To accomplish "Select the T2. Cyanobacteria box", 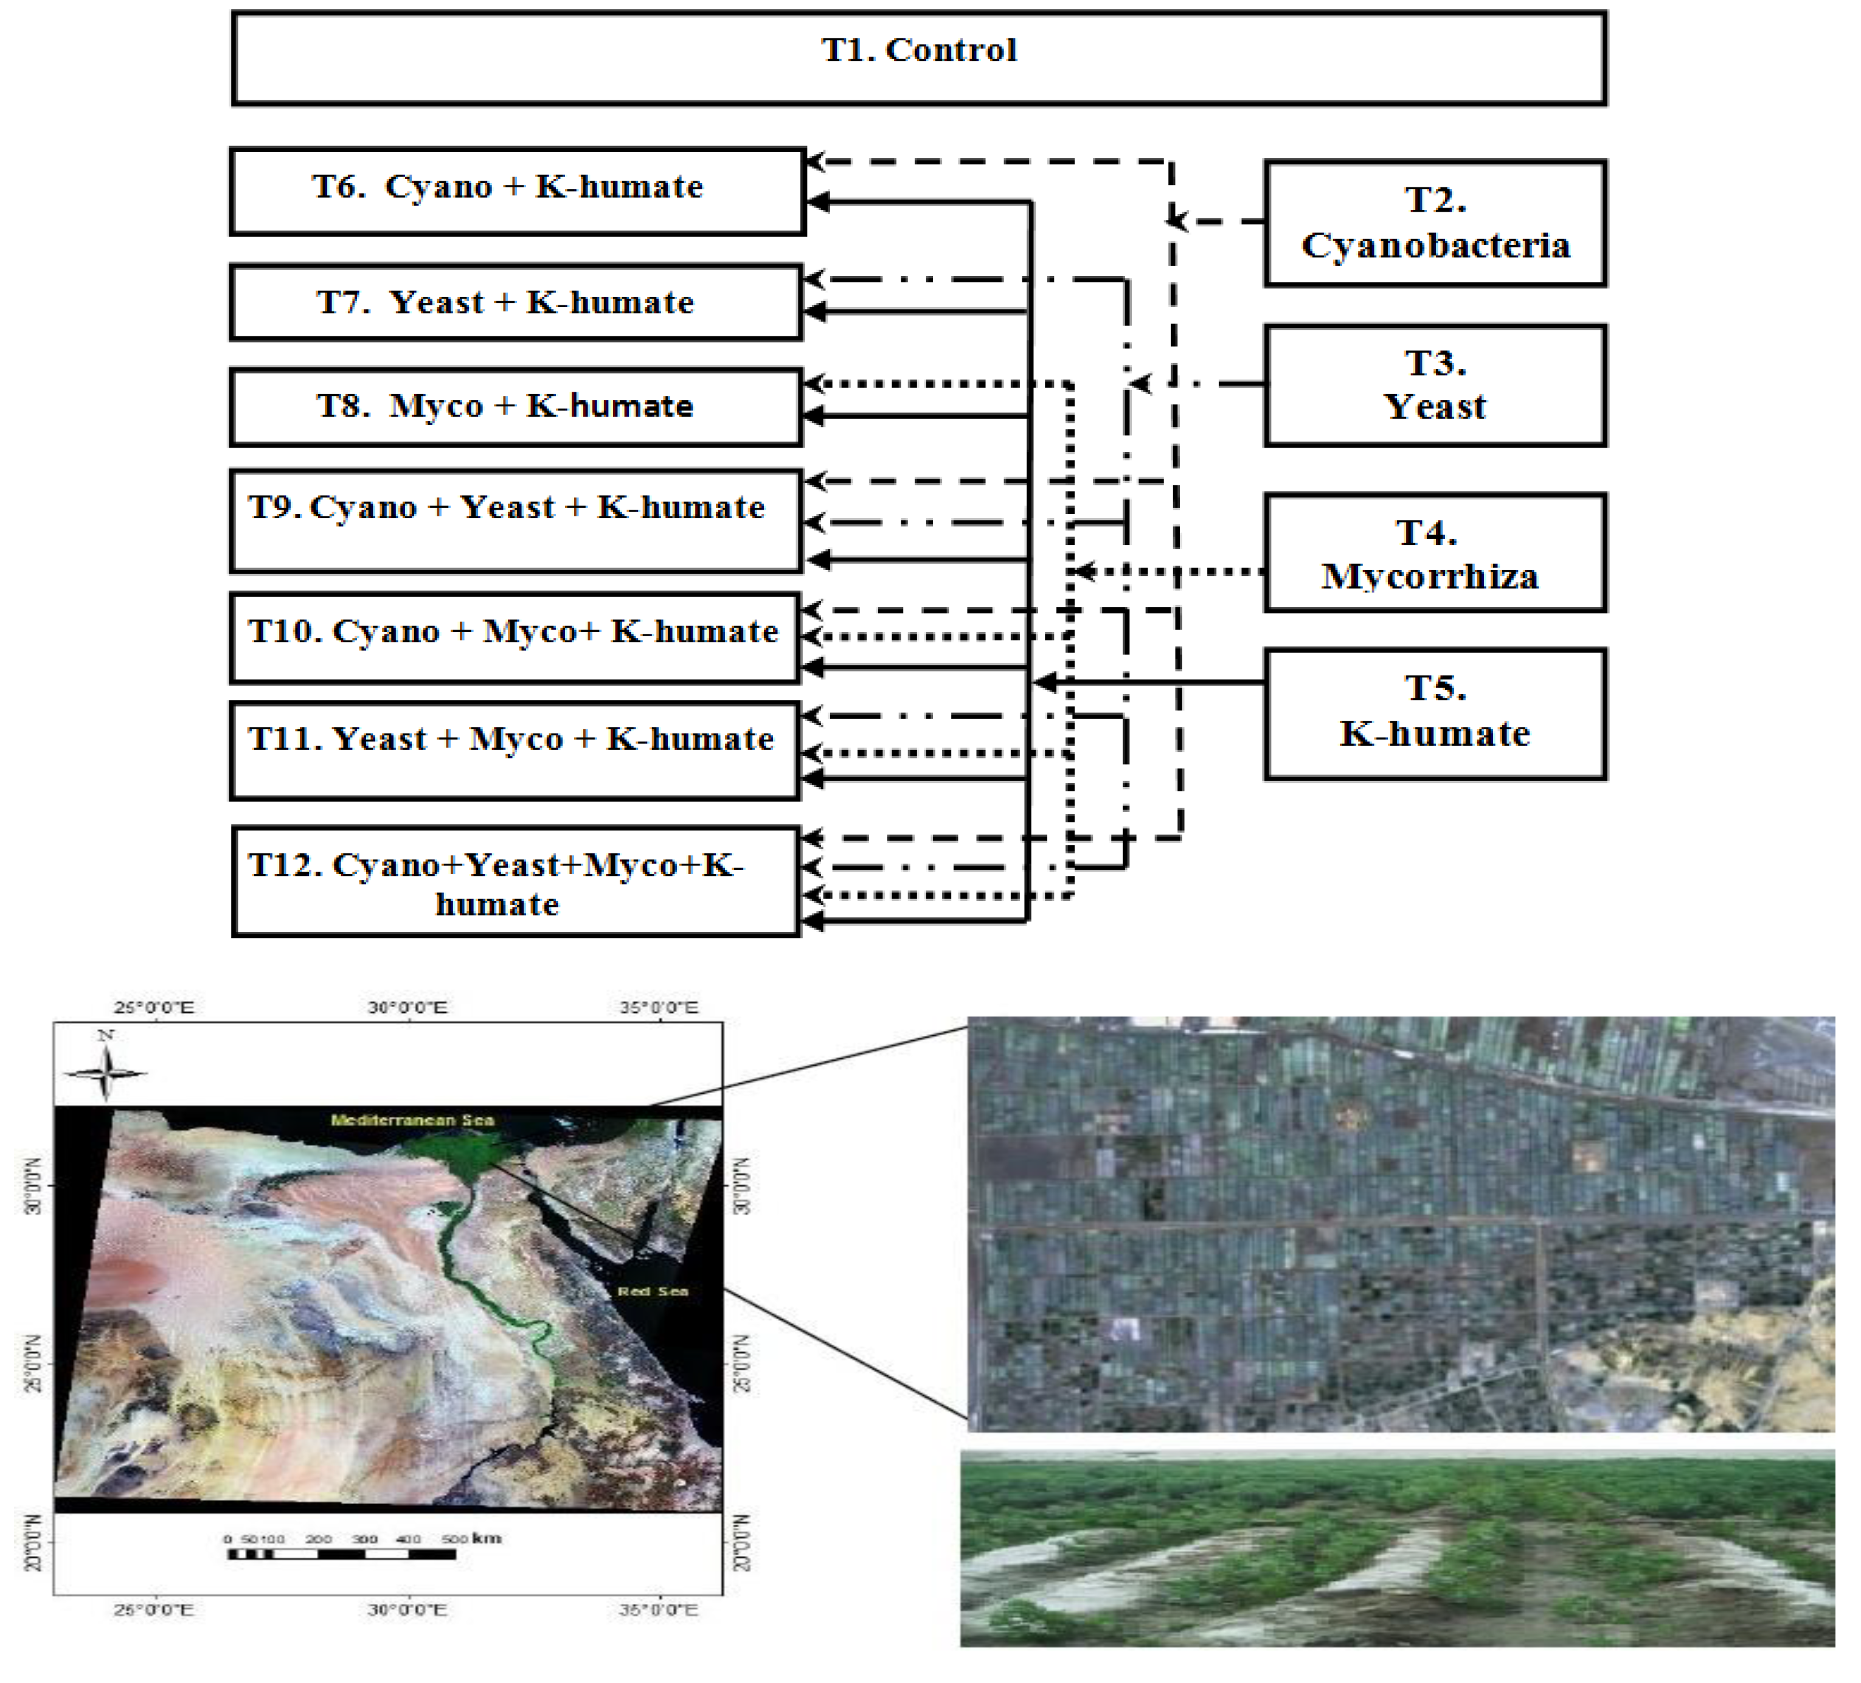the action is coord(1435,223).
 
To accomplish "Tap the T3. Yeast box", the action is coord(1435,385).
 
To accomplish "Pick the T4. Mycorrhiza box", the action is coord(1435,553).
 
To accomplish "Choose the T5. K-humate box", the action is coord(1435,713).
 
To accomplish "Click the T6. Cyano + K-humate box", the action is coord(517,190).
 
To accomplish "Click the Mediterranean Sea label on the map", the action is coord(412,1120).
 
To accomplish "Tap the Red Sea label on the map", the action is coord(653,1291).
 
